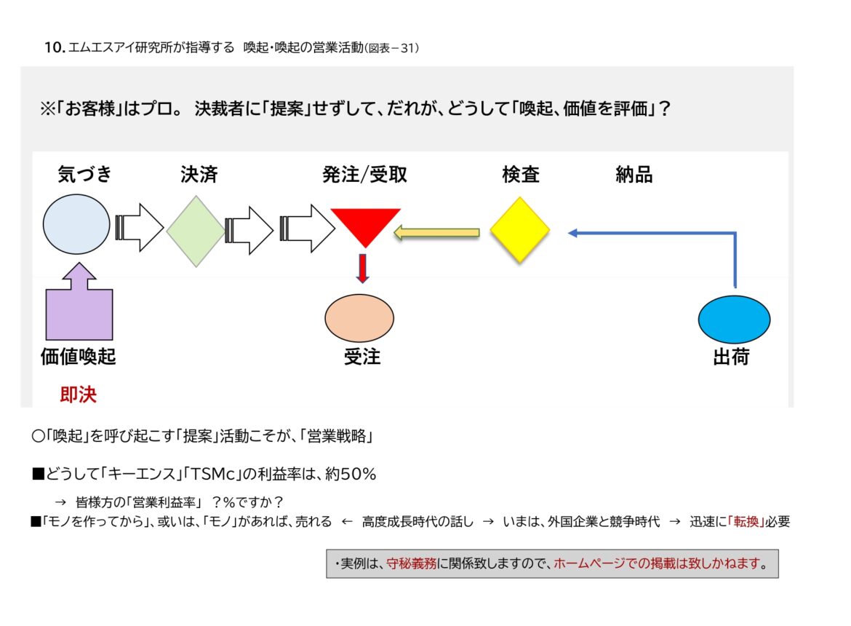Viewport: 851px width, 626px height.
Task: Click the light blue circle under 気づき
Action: coord(76,224)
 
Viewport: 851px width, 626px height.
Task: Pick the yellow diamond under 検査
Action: coord(519,229)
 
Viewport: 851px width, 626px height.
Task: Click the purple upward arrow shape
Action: coord(79,306)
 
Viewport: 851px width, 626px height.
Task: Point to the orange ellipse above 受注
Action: coord(359,318)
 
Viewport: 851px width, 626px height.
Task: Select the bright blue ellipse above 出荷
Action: coord(734,320)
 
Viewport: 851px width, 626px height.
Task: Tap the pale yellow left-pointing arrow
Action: coord(436,233)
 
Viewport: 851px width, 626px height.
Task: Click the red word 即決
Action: coord(78,395)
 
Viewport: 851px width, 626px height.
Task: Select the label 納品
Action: coord(634,175)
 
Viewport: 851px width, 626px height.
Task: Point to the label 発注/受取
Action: coord(364,175)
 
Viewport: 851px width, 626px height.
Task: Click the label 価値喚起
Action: coord(78,357)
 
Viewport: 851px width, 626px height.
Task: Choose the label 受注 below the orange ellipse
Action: coord(362,357)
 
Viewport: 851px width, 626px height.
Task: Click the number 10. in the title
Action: coord(55,48)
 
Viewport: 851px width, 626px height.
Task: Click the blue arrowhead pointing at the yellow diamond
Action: coord(573,233)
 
